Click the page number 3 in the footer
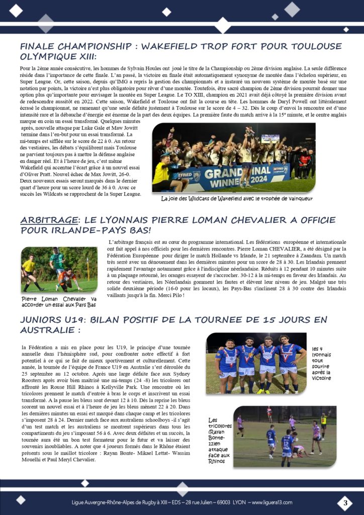click(x=345, y=502)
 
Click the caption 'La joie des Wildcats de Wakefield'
click(x=237, y=199)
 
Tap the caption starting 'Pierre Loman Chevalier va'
click(x=59, y=301)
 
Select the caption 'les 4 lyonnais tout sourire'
click(x=321, y=363)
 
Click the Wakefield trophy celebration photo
click(x=234, y=157)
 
